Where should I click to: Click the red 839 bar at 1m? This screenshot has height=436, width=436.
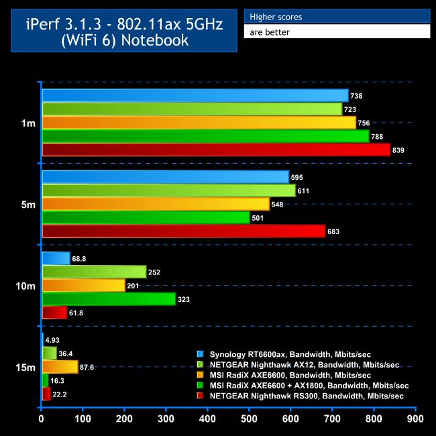pos(215,150)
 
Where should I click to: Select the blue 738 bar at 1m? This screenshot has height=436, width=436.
pos(195,96)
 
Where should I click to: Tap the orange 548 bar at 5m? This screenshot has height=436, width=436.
pos(156,204)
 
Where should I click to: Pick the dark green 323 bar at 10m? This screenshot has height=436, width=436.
pos(109,299)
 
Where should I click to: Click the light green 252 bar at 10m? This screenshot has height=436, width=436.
pos(94,272)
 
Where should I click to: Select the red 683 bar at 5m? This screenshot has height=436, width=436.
pos(183,231)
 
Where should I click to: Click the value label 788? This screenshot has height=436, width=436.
pos(379,137)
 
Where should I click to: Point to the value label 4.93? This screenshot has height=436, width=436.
pos(54,339)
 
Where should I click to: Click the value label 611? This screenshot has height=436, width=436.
pos(305,190)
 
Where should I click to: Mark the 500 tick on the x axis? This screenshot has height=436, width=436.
pos(250,419)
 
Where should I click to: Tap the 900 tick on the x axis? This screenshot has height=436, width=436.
pos(415,419)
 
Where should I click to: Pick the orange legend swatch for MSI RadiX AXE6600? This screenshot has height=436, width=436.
pos(200,375)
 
